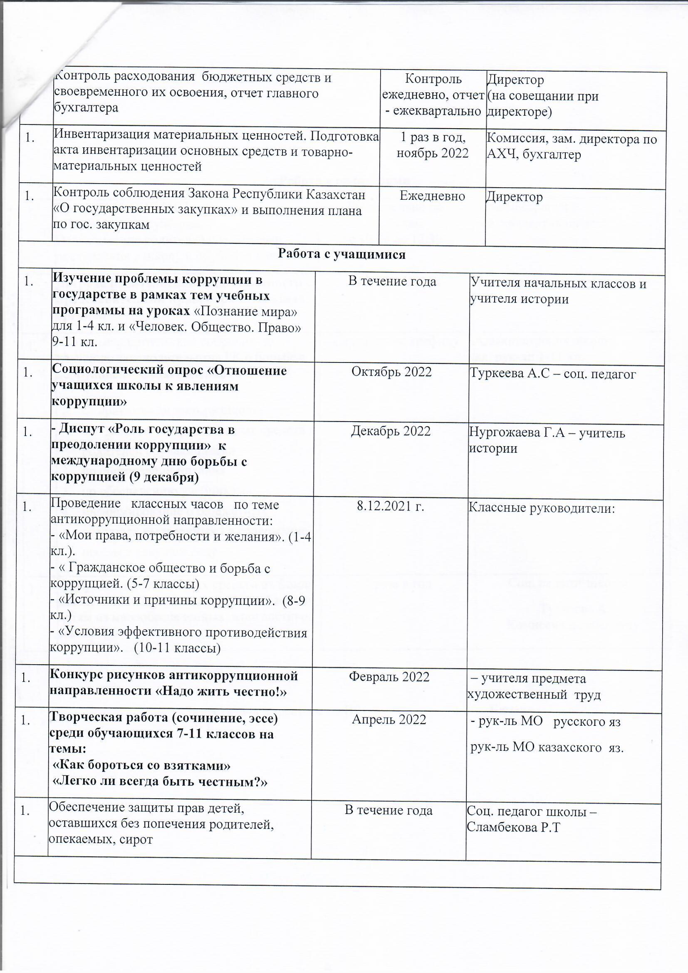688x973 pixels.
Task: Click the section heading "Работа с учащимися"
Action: click(x=342, y=254)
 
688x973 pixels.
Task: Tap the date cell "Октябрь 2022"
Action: click(x=391, y=372)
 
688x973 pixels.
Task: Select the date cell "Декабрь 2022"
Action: click(x=391, y=431)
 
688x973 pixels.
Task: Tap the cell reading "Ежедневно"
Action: click(x=433, y=196)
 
